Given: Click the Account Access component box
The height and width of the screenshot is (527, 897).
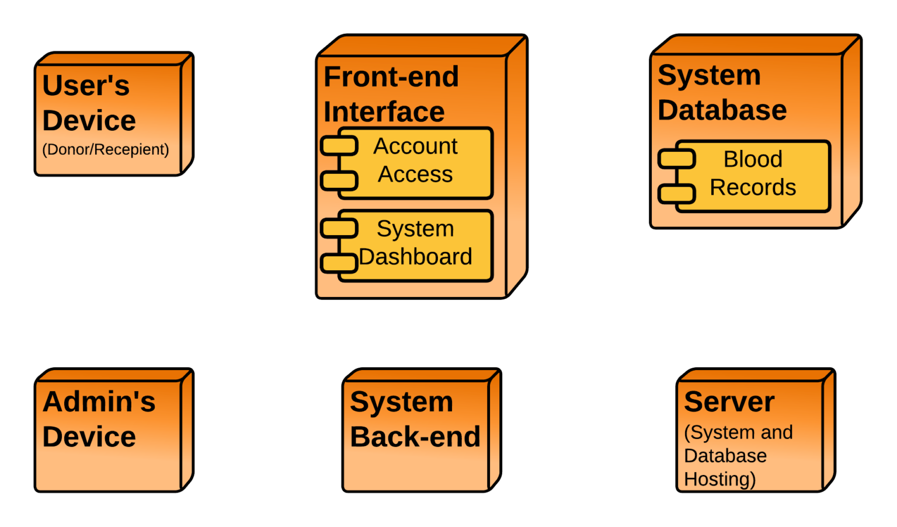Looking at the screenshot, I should (x=415, y=163).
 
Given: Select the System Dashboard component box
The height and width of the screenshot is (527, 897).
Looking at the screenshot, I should (x=415, y=245).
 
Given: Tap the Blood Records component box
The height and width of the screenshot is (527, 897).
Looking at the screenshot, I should (x=753, y=176).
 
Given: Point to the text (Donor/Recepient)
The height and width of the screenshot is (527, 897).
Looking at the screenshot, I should (x=106, y=149).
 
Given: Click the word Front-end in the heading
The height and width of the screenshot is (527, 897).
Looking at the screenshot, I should (x=391, y=77).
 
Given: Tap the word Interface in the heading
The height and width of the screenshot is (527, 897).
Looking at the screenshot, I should (x=384, y=112).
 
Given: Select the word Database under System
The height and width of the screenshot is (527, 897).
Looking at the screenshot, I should (x=722, y=110).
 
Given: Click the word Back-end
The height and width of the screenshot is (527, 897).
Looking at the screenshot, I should (x=415, y=437).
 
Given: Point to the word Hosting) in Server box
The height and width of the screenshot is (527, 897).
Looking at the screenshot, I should (x=719, y=479).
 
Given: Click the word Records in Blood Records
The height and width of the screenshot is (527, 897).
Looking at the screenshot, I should (x=753, y=188).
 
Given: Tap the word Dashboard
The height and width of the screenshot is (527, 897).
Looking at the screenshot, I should (x=415, y=257).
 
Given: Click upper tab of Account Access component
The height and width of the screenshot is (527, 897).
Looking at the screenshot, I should (x=339, y=145).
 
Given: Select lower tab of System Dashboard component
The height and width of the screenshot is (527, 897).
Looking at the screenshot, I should (x=339, y=263).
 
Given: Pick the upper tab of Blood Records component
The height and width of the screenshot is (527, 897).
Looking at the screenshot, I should (x=677, y=159).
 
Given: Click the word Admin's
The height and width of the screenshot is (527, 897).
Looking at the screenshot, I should (x=99, y=402).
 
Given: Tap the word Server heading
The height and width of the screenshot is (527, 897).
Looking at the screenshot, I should (x=729, y=402).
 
